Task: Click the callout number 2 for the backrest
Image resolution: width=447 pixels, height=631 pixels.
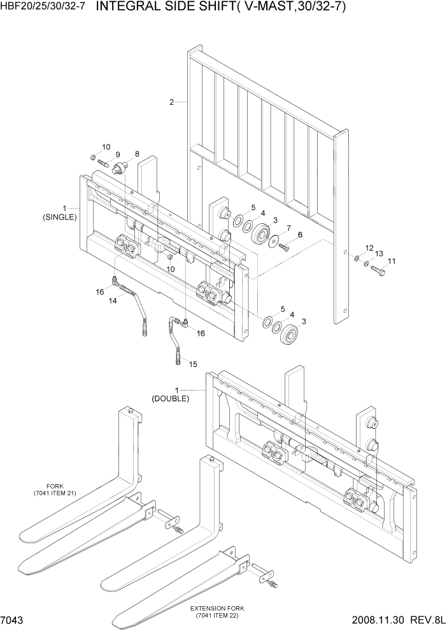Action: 171,102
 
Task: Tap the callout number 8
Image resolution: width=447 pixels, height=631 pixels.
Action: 136,155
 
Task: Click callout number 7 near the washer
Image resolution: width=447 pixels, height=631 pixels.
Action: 288,228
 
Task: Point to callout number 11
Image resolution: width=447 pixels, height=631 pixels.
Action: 392,261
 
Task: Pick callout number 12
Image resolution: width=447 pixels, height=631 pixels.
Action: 369,247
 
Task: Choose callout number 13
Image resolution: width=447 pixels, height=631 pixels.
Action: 379,254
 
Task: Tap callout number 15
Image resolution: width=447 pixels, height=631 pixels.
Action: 193,364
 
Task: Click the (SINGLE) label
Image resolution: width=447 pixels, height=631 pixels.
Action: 59,216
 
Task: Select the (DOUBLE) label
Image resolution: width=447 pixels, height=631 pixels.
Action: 170,399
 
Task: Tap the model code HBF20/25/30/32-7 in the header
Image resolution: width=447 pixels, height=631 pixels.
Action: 43,8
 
